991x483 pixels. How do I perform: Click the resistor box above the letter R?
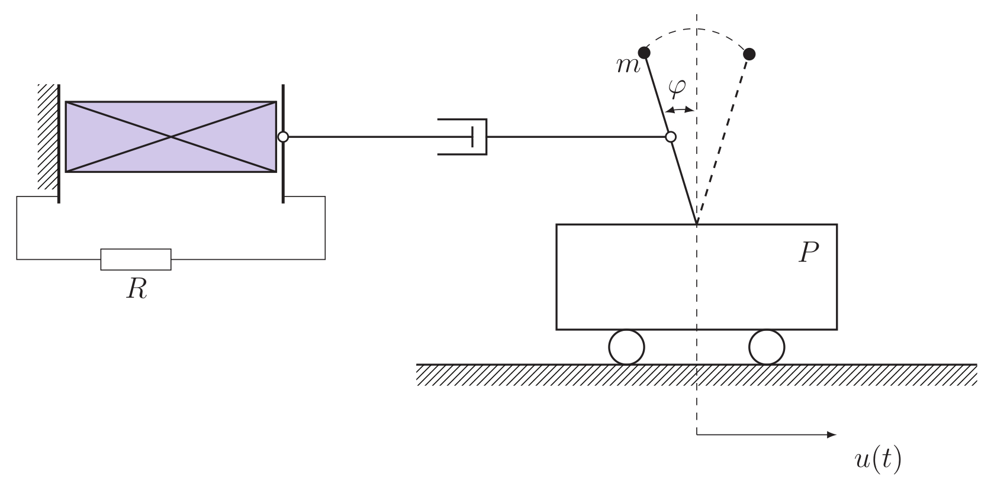click(136, 259)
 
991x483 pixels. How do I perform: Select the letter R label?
click(137, 289)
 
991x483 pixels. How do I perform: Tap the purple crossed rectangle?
click(170, 137)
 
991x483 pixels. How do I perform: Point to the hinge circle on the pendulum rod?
click(670, 137)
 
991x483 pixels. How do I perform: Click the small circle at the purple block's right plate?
click(283, 137)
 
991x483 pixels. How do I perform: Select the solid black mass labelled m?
click(644, 53)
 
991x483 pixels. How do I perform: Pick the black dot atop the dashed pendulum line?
click(749, 54)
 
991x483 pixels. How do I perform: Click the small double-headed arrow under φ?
click(680, 110)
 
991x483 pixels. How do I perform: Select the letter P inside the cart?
click(808, 253)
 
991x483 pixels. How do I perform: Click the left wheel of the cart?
click(626, 347)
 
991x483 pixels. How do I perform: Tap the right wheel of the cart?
click(767, 347)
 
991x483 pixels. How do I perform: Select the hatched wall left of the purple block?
click(47, 137)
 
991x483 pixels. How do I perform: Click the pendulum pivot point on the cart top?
click(697, 224)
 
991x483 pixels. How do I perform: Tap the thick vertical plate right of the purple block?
click(283, 172)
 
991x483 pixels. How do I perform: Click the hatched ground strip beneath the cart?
click(697, 375)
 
